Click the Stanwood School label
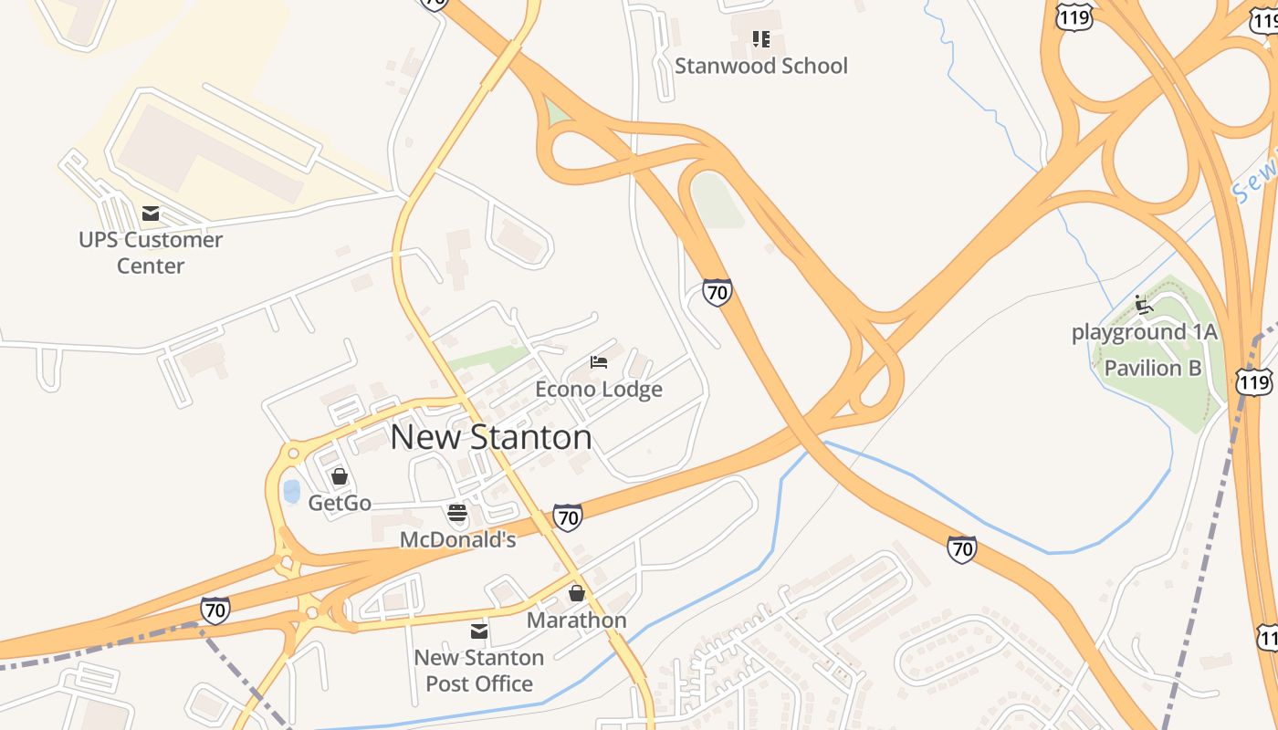(760, 66)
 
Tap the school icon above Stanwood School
(760, 38)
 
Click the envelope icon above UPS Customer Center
(151, 214)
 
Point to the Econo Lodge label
(599, 390)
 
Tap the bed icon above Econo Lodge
(599, 362)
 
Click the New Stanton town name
(491, 437)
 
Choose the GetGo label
(340, 503)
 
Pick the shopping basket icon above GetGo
(340, 476)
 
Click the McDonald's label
(457, 540)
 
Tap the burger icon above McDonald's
(457, 513)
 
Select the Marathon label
(577, 620)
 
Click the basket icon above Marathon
(577, 593)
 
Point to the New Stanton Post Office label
(479, 671)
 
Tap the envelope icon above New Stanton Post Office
(479, 631)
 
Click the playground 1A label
(1145, 332)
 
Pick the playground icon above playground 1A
(1143, 304)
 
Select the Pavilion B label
(1153, 369)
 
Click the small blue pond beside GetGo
(291, 491)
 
